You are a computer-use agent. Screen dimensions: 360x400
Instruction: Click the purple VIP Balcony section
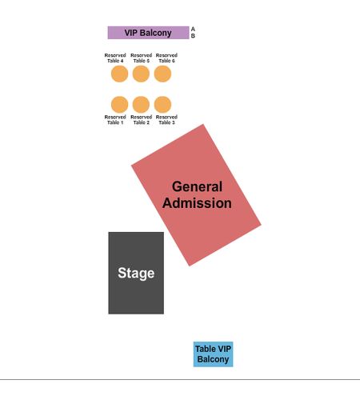click(148, 33)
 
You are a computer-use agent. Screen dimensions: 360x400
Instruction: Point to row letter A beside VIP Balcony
click(193, 29)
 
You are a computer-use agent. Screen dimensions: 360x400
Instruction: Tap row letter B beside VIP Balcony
click(193, 36)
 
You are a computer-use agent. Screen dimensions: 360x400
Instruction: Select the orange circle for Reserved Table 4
click(119, 74)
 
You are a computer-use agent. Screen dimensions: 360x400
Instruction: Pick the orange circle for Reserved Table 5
click(141, 74)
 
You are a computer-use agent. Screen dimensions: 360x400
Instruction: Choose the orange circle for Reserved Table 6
click(162, 74)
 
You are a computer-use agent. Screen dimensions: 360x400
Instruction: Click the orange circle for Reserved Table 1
click(119, 105)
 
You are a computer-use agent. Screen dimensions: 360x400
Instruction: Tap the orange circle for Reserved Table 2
click(141, 105)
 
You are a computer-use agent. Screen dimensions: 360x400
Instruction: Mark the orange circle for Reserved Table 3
click(162, 105)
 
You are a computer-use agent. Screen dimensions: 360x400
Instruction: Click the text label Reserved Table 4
click(115, 58)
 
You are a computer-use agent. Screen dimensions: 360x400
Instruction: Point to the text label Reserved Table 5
click(142, 58)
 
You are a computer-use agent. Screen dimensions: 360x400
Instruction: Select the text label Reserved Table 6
click(166, 58)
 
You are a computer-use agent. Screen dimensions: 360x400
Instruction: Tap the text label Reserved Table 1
click(115, 120)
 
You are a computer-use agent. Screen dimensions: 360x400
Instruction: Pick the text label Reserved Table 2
click(142, 120)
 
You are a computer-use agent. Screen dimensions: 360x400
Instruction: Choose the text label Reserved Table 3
click(166, 120)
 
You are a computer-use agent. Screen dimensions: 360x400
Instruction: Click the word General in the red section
click(197, 186)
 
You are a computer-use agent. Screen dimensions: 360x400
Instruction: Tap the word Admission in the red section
click(197, 203)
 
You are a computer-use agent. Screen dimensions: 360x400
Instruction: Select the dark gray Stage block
click(136, 273)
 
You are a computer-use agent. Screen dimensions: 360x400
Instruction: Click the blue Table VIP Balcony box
click(213, 354)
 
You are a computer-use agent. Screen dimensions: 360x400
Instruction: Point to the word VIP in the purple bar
click(131, 33)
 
